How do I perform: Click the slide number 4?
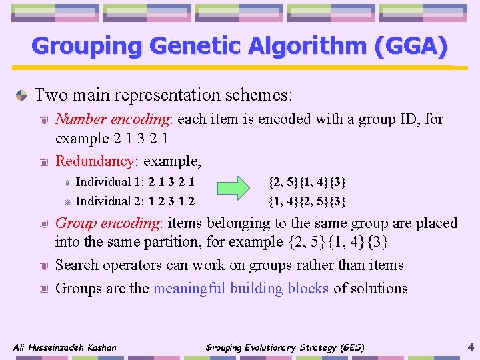pyautogui.click(x=471, y=347)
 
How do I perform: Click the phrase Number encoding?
pyautogui.click(x=113, y=119)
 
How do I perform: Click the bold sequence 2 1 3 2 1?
pyautogui.click(x=172, y=182)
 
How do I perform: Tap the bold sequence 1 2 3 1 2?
pyautogui.click(x=172, y=201)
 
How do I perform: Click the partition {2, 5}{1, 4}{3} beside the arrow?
pyautogui.click(x=307, y=182)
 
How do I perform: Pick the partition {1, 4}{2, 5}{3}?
pyautogui.click(x=307, y=201)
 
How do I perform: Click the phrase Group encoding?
pyautogui.click(x=110, y=223)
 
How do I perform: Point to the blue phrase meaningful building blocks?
pyautogui.click(x=241, y=289)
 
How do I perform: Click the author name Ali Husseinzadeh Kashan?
pyautogui.click(x=65, y=347)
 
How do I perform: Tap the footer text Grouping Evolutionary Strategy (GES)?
pyautogui.click(x=285, y=347)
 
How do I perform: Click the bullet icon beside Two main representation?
pyautogui.click(x=21, y=95)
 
